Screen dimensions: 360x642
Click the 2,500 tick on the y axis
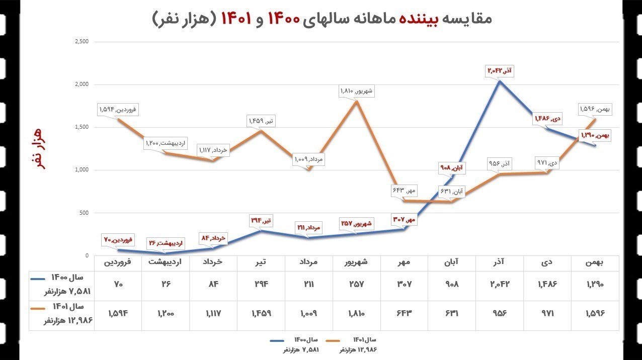[81, 41]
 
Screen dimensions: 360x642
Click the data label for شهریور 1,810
[357, 91]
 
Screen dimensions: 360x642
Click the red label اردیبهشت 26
[166, 243]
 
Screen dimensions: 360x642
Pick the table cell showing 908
[453, 284]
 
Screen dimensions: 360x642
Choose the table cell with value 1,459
[261, 313]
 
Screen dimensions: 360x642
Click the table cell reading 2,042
[500, 284]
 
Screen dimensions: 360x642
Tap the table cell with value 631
[453, 313]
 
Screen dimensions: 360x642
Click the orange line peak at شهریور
[357, 101]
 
